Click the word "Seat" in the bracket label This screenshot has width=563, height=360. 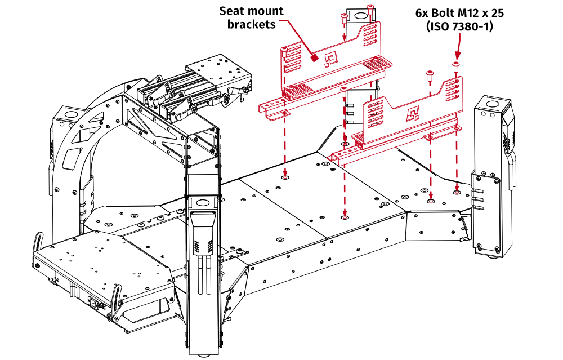(x=232, y=11)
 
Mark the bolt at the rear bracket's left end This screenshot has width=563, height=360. (x=284, y=51)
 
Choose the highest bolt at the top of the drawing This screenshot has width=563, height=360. (x=369, y=7)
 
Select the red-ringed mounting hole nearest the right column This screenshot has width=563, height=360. (x=456, y=192)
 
